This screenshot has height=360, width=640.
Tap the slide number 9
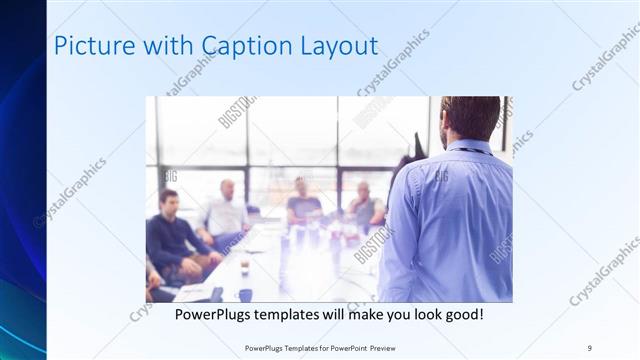[589, 347]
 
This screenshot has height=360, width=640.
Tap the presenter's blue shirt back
[450, 220]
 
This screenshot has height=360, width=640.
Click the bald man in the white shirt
[225, 210]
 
